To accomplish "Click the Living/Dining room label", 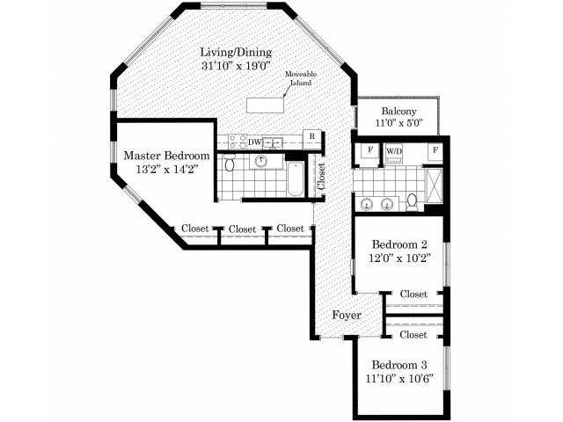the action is click(x=236, y=53).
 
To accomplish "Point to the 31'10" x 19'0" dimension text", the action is click(x=236, y=66).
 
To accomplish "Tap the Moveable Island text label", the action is click(x=301, y=78).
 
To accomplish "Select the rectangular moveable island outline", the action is click(x=266, y=105).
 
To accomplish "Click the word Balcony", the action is click(x=398, y=112).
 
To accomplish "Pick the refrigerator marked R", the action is click(x=312, y=139).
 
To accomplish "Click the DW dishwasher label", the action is click(x=254, y=142).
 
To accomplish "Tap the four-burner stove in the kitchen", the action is click(x=238, y=142).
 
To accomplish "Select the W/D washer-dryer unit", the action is click(x=394, y=153).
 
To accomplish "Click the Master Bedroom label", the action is click(x=166, y=156).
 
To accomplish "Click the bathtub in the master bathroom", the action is click(x=296, y=179).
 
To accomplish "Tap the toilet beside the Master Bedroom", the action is click(x=230, y=164).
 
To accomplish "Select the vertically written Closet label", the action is click(x=321, y=176).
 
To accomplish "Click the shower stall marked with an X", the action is click(x=435, y=186).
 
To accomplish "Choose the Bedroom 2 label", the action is click(x=399, y=244).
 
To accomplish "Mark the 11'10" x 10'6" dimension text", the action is click(x=399, y=379).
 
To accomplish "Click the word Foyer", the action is click(x=347, y=316).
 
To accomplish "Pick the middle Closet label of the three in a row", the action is click(x=243, y=229).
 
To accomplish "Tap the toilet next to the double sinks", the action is click(x=412, y=202).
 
